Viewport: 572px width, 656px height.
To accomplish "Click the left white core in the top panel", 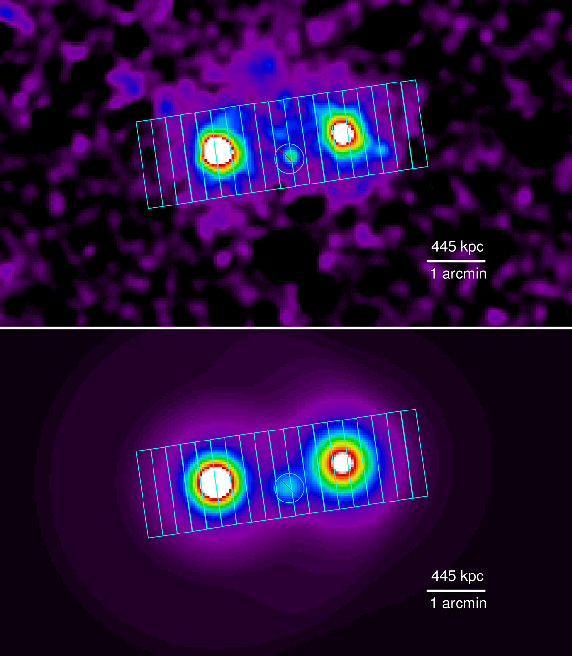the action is (219, 150).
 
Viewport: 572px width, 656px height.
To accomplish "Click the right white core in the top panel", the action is (343, 133).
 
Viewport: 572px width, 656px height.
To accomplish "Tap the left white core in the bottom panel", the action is (215, 482).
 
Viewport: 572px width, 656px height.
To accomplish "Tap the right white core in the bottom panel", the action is (342, 462).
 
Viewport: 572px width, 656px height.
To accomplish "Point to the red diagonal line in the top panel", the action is (289, 159).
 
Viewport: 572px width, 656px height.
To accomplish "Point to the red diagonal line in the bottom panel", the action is (289, 488).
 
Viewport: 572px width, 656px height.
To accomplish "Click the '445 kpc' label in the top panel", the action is (457, 246).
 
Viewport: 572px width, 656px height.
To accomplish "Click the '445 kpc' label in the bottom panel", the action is (457, 576).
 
